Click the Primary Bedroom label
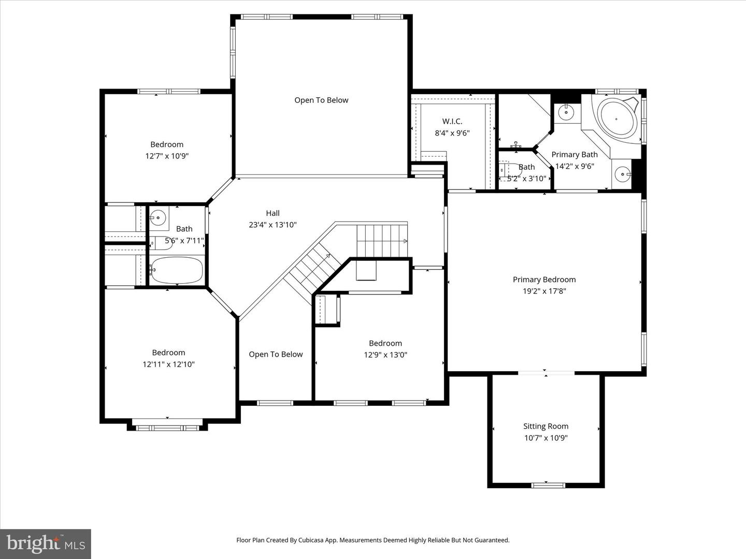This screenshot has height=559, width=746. tap(544, 279)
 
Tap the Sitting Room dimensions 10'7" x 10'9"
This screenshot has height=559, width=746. tap(546, 438)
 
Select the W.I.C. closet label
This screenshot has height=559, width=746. tap(452, 122)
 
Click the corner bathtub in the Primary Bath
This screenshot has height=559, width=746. tap(616, 119)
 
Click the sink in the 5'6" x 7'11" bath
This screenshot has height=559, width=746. tap(159, 217)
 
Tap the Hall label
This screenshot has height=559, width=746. tap(272, 213)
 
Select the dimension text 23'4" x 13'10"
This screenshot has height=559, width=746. tap(272, 225)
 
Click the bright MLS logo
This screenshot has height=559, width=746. tap(46, 543)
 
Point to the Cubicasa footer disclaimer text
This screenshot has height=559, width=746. tap(372, 540)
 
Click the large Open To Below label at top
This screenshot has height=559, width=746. tap(321, 100)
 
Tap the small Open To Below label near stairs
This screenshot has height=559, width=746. tap(276, 355)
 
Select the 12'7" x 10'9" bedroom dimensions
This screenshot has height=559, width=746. tap(167, 156)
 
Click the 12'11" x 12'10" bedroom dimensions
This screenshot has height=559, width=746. tap(168, 364)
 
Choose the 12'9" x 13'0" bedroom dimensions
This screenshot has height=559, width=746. tap(385, 355)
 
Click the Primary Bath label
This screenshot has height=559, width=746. tap(574, 155)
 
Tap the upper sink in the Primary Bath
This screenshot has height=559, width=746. tap(567, 111)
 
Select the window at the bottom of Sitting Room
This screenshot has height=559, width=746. tap(548, 485)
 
